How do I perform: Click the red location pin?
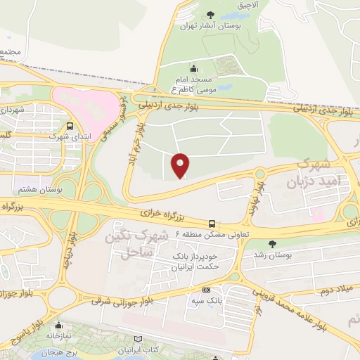tap(181, 165)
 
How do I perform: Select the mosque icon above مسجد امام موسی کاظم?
tap(194, 69)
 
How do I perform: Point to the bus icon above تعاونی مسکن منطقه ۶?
tap(202, 224)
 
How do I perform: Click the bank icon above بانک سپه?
tap(206, 290)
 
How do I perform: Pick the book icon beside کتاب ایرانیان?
tap(138, 349)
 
